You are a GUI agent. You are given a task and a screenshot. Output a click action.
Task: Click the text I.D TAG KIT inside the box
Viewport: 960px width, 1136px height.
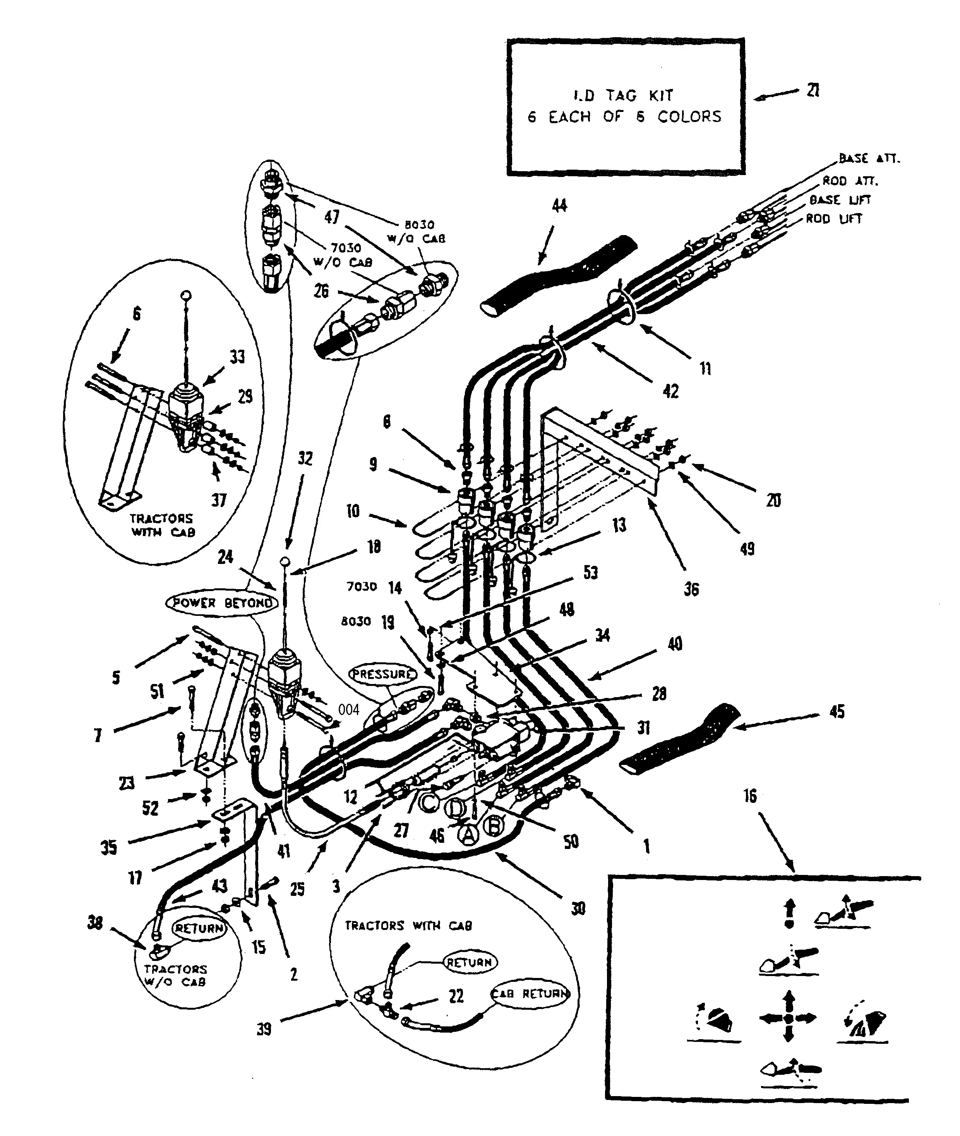coord(624,95)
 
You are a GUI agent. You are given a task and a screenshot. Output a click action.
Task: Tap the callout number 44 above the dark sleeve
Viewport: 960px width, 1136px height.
coord(559,205)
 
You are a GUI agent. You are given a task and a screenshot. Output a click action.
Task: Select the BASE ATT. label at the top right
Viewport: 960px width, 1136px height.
coord(869,158)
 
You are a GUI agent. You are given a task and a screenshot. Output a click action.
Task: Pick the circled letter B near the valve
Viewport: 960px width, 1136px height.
coord(493,827)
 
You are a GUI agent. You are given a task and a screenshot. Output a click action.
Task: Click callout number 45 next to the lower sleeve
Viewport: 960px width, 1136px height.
coord(837,711)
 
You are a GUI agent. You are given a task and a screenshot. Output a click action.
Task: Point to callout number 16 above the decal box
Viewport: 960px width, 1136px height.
coord(750,796)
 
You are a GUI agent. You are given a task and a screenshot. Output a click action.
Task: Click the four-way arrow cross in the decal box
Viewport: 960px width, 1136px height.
coord(788,1017)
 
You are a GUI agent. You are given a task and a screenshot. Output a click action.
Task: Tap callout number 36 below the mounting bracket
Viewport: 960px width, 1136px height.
coord(691,589)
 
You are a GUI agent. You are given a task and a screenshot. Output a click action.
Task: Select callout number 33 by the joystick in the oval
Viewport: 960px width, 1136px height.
coord(237,357)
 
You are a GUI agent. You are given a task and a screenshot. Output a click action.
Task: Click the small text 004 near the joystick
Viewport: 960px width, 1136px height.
coord(348,710)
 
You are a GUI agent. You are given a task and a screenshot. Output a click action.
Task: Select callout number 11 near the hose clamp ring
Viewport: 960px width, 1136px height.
coord(705,369)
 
